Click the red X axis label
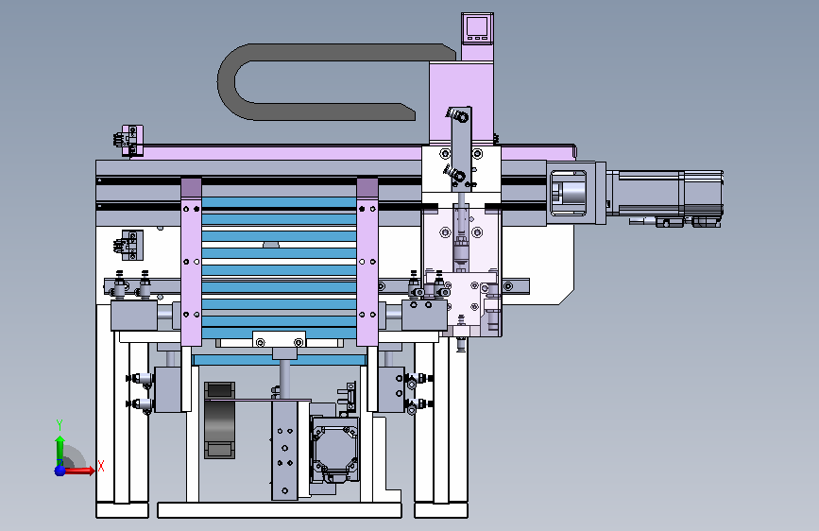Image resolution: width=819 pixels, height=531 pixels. [101, 466]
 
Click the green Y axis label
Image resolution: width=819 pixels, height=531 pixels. [60, 425]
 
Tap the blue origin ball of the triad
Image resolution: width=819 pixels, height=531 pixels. [60, 471]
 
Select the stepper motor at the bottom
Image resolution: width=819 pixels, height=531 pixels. [334, 449]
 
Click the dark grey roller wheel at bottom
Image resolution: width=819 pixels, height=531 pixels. [219, 420]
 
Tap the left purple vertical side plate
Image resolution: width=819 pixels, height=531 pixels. [191, 262]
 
